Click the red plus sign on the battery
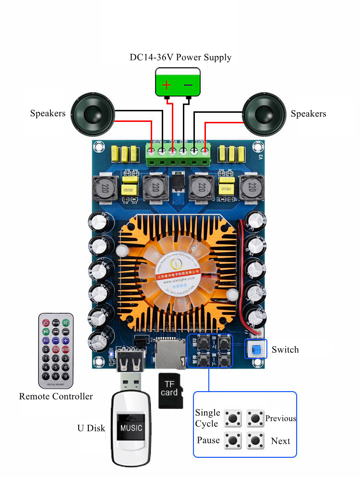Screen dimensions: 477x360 (x=166, y=85)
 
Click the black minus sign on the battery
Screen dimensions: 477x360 (x=188, y=85)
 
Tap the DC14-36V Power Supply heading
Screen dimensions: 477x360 (x=180, y=58)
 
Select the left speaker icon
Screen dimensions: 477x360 (x=93, y=114)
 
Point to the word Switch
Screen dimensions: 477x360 (x=285, y=350)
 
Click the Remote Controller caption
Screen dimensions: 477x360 (x=56, y=396)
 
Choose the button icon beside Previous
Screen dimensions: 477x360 (x=255, y=418)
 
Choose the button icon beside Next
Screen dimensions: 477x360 (x=255, y=440)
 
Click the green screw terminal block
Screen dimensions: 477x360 (x=178, y=154)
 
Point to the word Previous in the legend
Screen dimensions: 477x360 (x=281, y=418)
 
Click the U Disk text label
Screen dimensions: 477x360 (x=91, y=428)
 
